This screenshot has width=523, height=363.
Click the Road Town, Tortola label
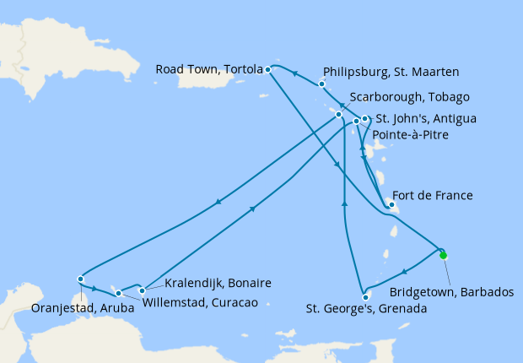[208, 69]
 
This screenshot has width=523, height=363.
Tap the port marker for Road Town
[267, 69]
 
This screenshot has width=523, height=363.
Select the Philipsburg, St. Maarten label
[391, 72]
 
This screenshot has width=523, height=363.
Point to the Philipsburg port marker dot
[322, 84]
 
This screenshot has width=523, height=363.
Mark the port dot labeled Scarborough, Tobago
[338, 114]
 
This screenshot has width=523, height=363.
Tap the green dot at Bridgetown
[444, 254]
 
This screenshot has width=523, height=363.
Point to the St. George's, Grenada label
[366, 309]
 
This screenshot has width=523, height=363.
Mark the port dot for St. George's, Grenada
[365, 296]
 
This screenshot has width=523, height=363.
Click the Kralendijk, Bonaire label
[218, 283]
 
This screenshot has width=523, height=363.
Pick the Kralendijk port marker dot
[142, 290]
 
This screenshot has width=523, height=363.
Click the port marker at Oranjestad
[80, 279]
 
